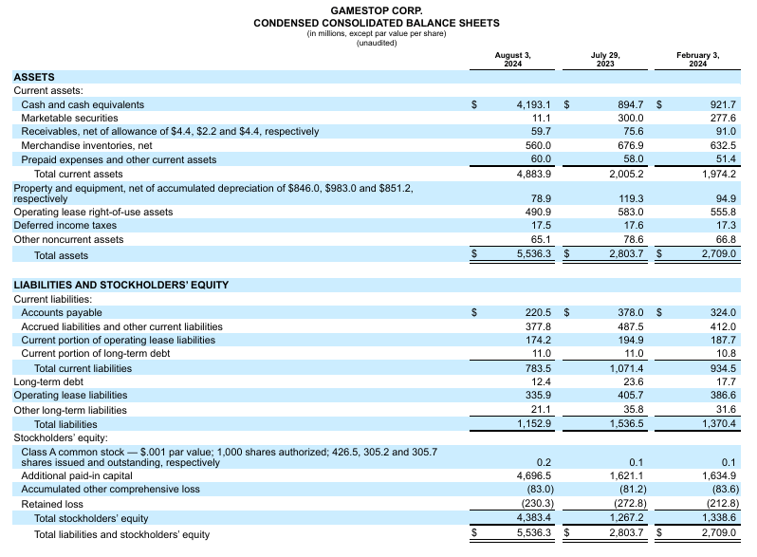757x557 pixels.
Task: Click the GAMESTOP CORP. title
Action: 377,10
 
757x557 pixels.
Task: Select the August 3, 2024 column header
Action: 513,59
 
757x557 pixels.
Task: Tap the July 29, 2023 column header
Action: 605,59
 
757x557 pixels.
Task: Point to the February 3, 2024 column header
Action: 698,59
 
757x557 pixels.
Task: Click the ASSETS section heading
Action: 34,77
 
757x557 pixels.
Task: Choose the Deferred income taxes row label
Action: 65,226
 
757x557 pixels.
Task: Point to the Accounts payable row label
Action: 62,312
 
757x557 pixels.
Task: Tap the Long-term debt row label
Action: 48,381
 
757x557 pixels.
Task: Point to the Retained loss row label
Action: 52,504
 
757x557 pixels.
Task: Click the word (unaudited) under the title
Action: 377,43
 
